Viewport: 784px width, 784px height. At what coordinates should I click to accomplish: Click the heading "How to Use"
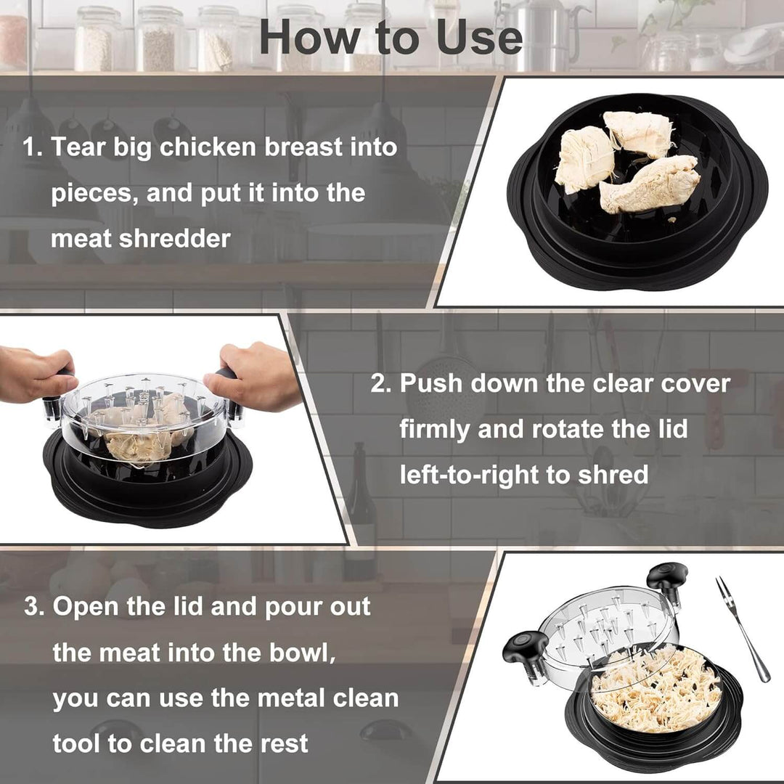(x=391, y=38)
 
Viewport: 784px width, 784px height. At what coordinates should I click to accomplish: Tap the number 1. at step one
(x=33, y=148)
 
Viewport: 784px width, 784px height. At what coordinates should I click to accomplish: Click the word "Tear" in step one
(x=78, y=148)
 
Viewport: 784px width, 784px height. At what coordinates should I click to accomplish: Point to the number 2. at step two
(x=381, y=384)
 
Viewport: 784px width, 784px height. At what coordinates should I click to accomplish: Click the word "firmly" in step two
(x=434, y=429)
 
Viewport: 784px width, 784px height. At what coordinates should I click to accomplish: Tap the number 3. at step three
(x=35, y=607)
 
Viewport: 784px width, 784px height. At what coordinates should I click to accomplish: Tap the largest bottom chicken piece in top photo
(x=650, y=185)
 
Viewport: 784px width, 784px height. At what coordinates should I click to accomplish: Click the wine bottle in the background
(x=361, y=508)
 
